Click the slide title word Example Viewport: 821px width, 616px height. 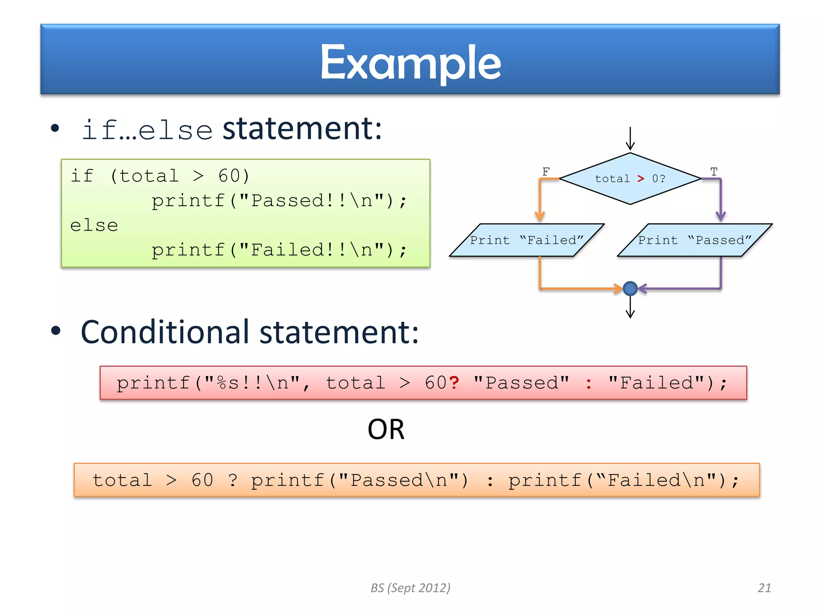click(x=410, y=63)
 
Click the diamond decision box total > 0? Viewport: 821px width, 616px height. click(x=630, y=178)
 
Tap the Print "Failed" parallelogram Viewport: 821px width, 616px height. click(x=526, y=240)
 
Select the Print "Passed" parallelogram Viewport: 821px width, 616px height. click(x=694, y=240)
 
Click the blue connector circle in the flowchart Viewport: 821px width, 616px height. click(x=630, y=288)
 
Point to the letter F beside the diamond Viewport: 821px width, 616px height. click(x=546, y=172)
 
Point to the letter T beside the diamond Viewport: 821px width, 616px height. click(x=714, y=172)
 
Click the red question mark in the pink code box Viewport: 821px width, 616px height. click(x=454, y=383)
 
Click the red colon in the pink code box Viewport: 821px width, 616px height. click(x=588, y=384)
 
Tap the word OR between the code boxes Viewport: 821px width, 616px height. click(x=386, y=430)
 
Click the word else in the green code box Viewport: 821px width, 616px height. click(x=94, y=225)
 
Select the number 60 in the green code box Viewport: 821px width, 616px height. click(x=229, y=176)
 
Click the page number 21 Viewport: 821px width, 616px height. click(x=764, y=588)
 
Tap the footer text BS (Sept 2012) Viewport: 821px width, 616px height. click(x=410, y=588)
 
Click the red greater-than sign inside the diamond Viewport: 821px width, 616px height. click(x=641, y=178)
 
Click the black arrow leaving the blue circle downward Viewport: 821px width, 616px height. click(x=630, y=308)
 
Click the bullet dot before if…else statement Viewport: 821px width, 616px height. click(x=55, y=128)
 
